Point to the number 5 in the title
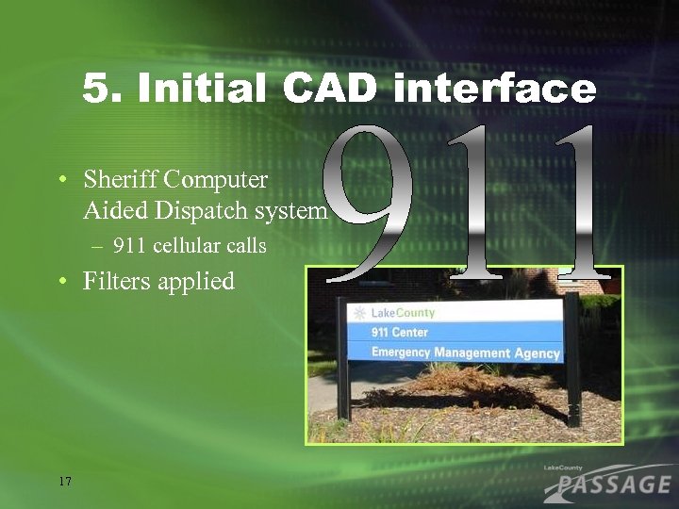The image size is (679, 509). pyautogui.click(x=95, y=90)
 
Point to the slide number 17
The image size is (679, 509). pyautogui.click(x=65, y=482)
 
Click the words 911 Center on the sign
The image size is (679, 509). pyautogui.click(x=399, y=332)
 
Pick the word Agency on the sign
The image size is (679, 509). pyautogui.click(x=537, y=353)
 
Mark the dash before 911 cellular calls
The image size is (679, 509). pyautogui.click(x=98, y=247)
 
